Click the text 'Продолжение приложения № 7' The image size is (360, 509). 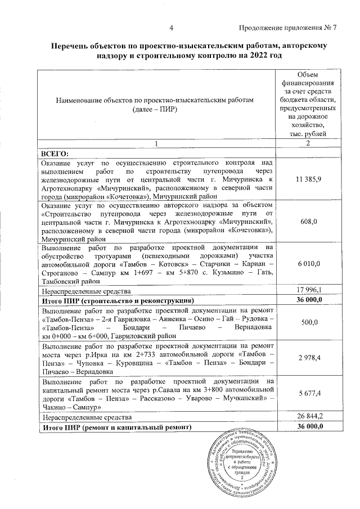tap(287, 28)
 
